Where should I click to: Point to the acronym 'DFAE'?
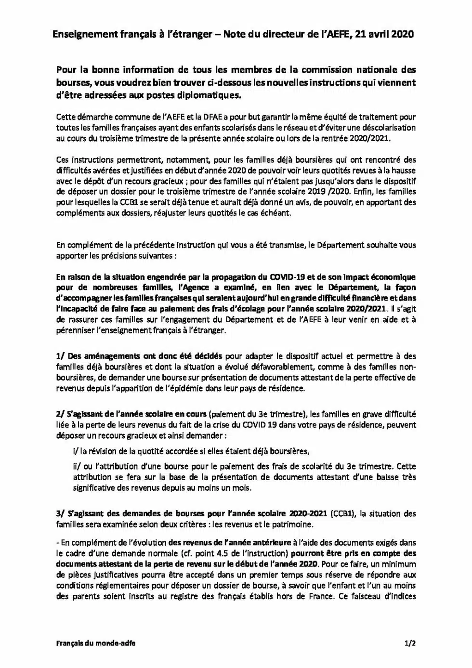210,117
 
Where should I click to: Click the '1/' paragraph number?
61,356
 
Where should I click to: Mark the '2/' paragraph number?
61,414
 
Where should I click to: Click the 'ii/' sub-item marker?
77,467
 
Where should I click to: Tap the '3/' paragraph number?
61,514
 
